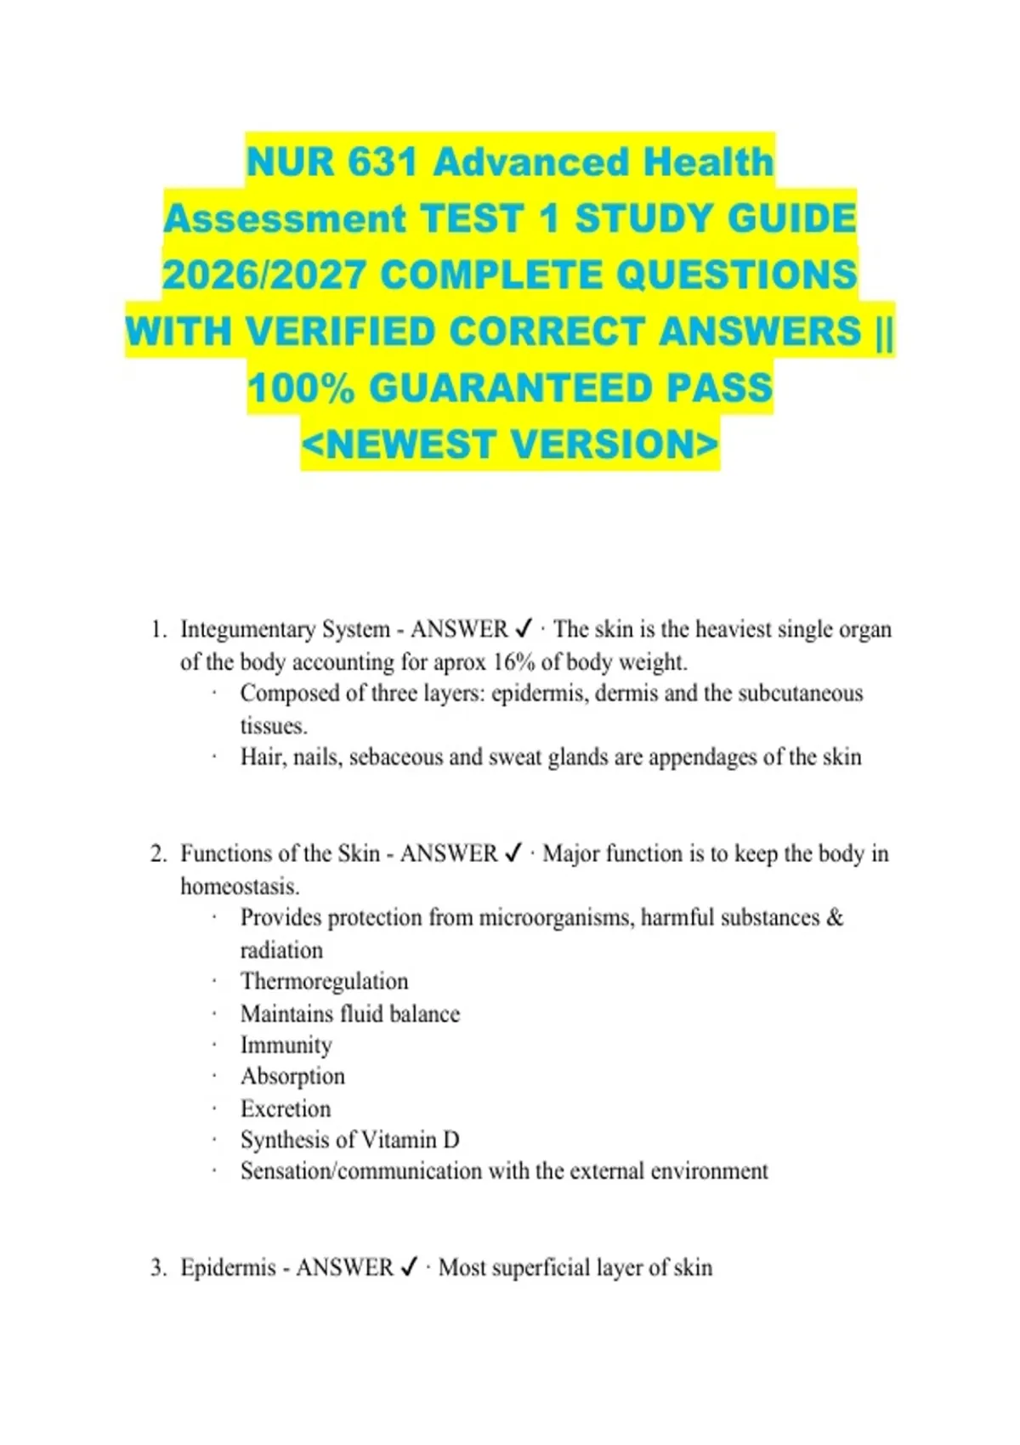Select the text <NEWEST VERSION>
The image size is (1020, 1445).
[510, 444]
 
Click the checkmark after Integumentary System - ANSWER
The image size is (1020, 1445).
[524, 629]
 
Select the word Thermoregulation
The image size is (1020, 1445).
[324, 981]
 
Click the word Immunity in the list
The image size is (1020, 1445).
[286, 1045]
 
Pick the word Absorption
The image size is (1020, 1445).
[292, 1076]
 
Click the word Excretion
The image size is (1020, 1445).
[286, 1108]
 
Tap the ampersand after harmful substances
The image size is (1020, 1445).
[835, 918]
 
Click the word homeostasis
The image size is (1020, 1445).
[239, 887]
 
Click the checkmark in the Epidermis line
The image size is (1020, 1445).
[409, 1267]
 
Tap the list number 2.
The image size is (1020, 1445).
[158, 853]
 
